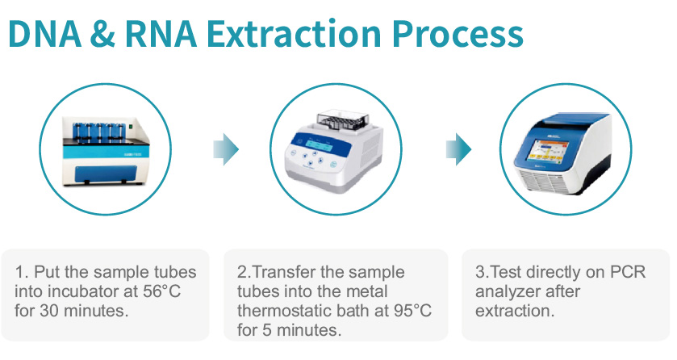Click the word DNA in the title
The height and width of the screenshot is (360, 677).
click(45, 34)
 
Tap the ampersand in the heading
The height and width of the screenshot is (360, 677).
click(102, 34)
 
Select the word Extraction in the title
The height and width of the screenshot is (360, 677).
click(294, 34)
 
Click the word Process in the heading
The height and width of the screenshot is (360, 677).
click(458, 35)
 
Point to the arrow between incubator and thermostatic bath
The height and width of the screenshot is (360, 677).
click(226, 149)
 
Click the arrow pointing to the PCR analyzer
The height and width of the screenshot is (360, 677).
click(458, 149)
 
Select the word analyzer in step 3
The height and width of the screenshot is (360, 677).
click(508, 292)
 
